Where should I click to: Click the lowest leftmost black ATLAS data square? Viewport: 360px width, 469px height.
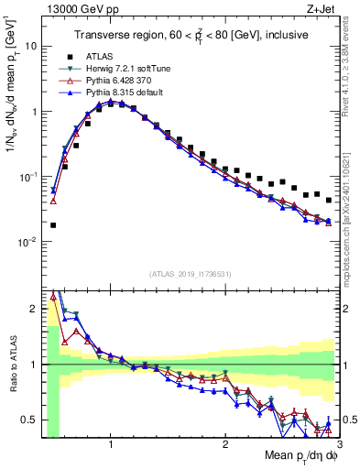tap(53, 224)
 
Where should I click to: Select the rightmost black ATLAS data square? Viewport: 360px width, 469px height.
tap(328, 200)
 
